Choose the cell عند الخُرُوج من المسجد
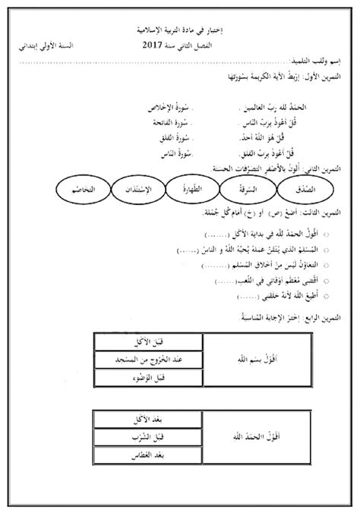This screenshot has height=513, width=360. [146, 358]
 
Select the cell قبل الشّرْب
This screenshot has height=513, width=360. [146, 436]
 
